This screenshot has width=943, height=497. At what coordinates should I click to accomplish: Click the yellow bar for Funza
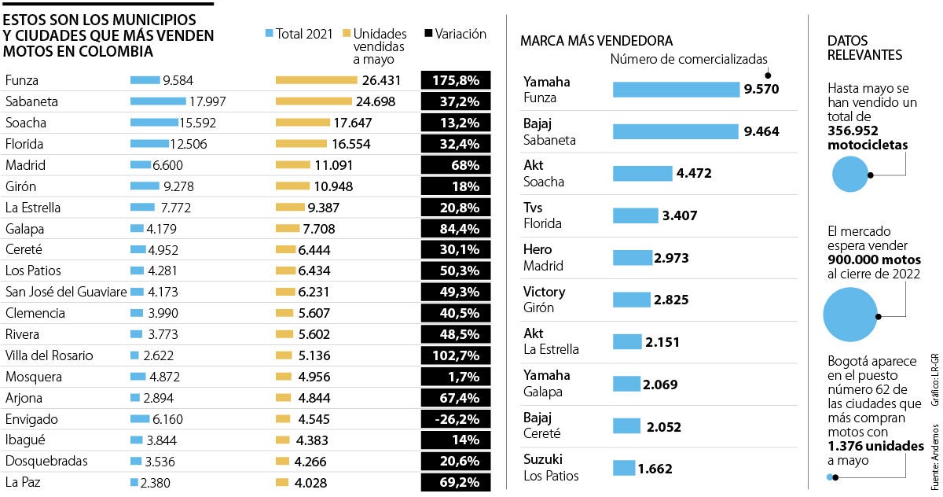point(316,80)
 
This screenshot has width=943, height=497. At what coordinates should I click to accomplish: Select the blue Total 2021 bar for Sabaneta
point(157,101)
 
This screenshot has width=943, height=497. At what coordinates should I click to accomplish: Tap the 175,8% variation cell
point(456,80)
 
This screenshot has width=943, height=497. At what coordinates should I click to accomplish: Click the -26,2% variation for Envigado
point(456,419)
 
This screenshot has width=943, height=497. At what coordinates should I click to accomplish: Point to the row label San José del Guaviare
point(65,292)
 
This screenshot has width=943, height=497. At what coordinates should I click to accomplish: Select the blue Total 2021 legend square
point(269,34)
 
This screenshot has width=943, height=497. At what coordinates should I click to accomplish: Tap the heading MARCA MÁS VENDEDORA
point(596,40)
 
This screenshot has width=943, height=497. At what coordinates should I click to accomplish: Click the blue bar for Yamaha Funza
point(676,90)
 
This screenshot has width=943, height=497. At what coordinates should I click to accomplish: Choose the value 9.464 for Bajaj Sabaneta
point(761,131)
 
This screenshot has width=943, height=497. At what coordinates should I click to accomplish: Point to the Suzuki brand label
point(543,459)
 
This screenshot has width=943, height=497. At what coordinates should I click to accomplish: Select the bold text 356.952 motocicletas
point(867,138)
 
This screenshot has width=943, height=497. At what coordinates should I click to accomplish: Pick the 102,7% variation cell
point(456,355)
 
